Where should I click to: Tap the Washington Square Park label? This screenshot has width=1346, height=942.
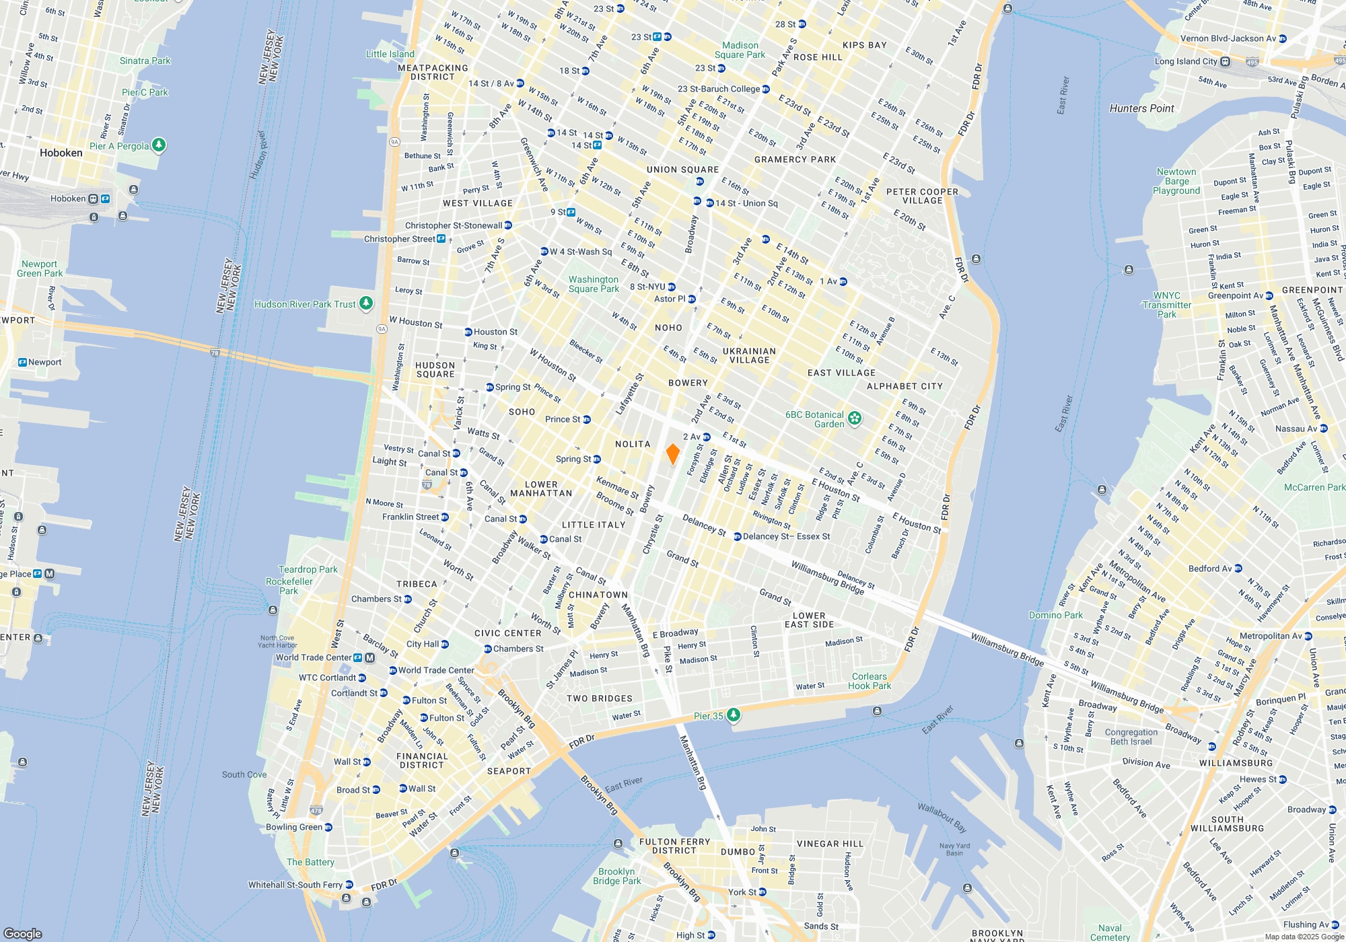point(593,284)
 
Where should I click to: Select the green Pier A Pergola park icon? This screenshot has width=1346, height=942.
point(159,145)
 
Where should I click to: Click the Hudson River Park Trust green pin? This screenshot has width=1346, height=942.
point(366,303)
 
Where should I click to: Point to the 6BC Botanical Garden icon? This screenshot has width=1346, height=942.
point(855,419)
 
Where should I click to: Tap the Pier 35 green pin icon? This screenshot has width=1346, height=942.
point(734,715)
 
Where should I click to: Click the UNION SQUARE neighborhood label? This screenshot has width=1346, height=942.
point(682,170)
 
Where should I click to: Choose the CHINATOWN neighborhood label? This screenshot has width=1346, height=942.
point(598,595)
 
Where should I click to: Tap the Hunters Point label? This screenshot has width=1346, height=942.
point(1141,108)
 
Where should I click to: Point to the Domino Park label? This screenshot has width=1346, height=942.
point(1056,615)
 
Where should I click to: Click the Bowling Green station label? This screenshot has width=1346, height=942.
point(294,827)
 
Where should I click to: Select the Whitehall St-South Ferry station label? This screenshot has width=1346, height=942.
point(295,885)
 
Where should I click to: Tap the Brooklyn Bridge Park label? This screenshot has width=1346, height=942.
point(616,876)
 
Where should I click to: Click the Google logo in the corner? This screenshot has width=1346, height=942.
point(23,933)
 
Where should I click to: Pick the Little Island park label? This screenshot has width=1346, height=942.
point(390,54)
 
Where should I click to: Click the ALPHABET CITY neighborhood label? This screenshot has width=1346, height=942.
point(905,386)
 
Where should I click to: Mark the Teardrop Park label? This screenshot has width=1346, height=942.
point(308,569)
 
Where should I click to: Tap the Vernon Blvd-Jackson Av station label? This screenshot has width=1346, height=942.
point(1228,38)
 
